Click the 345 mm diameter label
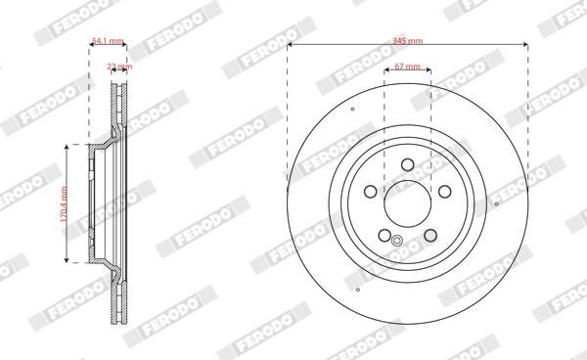point(407,40)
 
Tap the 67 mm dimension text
point(407,67)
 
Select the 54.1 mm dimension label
point(108,41)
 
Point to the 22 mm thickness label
point(119,67)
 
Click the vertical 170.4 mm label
point(64,203)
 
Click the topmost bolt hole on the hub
point(407,164)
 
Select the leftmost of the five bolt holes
point(370,192)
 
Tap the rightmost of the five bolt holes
point(445,192)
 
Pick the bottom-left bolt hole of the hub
point(384,236)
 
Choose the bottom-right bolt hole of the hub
point(430,236)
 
